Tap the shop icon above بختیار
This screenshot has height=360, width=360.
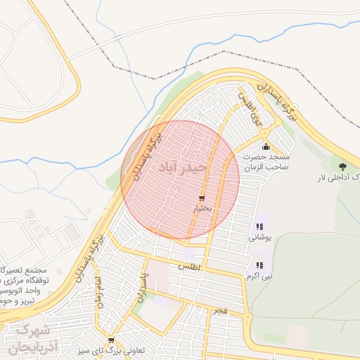tap(202, 199)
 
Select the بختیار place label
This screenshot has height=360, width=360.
tap(202, 210)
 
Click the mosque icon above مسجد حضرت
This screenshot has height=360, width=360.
tap(266, 147)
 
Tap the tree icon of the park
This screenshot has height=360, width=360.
tap(342, 167)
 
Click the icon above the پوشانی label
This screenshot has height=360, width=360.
tap(259, 226)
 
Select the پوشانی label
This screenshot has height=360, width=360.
tap(258, 238)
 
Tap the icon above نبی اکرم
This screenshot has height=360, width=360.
tap(259, 265)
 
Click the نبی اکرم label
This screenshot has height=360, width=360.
tap(259, 276)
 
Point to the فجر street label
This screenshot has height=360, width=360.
tap(221, 310)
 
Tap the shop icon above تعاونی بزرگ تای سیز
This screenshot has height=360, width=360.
tap(110, 340)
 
